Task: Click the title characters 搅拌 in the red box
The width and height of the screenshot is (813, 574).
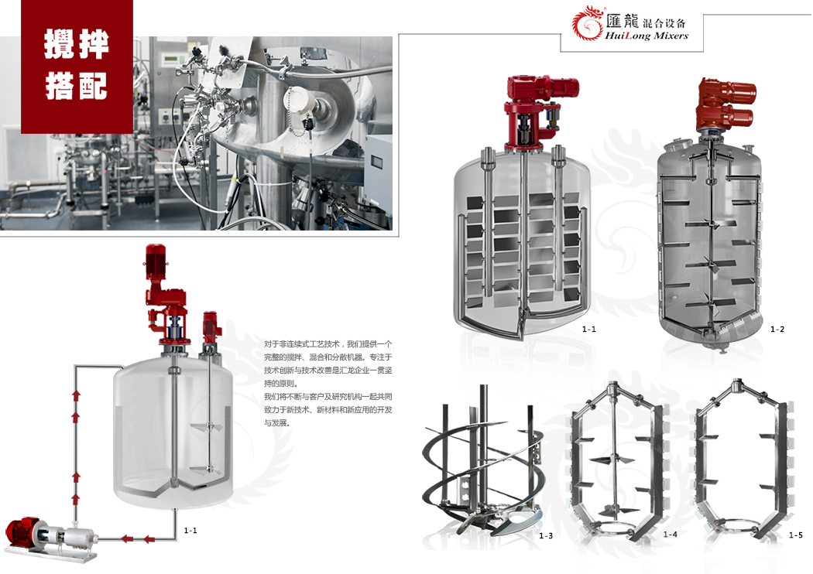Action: coord(76,44)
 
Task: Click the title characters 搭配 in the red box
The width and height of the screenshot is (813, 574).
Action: coord(76,85)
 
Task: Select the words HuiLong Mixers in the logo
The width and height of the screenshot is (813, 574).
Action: coord(647,36)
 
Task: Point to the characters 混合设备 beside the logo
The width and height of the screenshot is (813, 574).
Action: coord(664,22)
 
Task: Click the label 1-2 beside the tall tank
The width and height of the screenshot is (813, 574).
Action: coord(777,329)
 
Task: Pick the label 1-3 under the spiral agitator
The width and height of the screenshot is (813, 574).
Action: coord(546,535)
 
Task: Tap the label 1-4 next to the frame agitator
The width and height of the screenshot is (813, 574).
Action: coord(671,534)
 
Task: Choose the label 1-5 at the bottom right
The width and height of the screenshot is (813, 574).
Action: coord(796,535)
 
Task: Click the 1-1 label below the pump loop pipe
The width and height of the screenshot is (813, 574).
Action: coord(190,530)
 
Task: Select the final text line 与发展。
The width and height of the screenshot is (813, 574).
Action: coord(277,422)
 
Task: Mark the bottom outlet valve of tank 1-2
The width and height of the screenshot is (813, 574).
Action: coord(719,344)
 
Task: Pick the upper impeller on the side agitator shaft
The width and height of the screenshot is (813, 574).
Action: coord(208,427)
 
